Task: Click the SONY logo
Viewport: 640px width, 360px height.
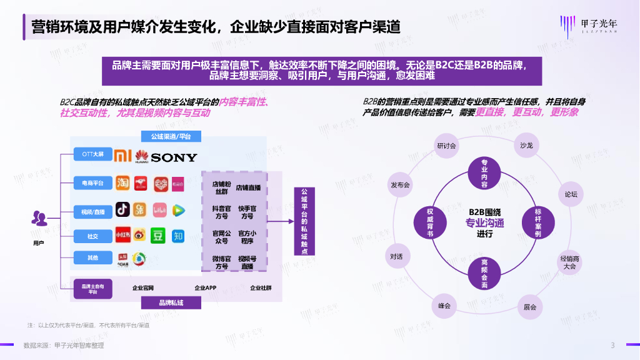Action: (174, 157)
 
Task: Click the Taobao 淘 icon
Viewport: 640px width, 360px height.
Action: (122, 183)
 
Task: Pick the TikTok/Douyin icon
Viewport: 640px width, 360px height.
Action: (122, 210)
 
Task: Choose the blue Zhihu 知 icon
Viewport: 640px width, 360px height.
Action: (177, 236)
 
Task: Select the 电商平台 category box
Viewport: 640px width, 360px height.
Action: (88, 183)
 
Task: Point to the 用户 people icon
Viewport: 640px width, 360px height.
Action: (39, 219)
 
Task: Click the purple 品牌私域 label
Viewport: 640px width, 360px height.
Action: (171, 302)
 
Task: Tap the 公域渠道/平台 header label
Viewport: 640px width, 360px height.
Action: (171, 136)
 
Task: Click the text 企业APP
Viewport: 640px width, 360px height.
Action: (205, 288)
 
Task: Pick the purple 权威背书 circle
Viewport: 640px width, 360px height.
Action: (431, 222)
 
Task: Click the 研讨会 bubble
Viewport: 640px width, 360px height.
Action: (447, 146)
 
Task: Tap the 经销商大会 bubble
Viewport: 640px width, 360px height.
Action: (569, 262)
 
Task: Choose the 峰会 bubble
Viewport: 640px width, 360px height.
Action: (444, 306)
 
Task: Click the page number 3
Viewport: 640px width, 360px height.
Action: (612, 346)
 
